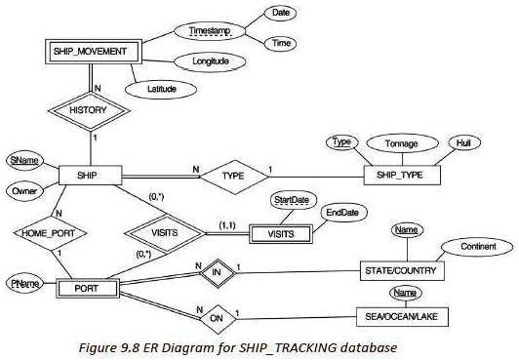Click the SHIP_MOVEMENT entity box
tap(91, 51)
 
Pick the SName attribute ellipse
tap(21, 159)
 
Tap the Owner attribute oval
tap(21, 191)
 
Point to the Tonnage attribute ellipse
tap(401, 143)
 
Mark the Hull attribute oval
tap(464, 142)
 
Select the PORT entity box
tap(88, 289)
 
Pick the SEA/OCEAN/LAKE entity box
tap(409, 316)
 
